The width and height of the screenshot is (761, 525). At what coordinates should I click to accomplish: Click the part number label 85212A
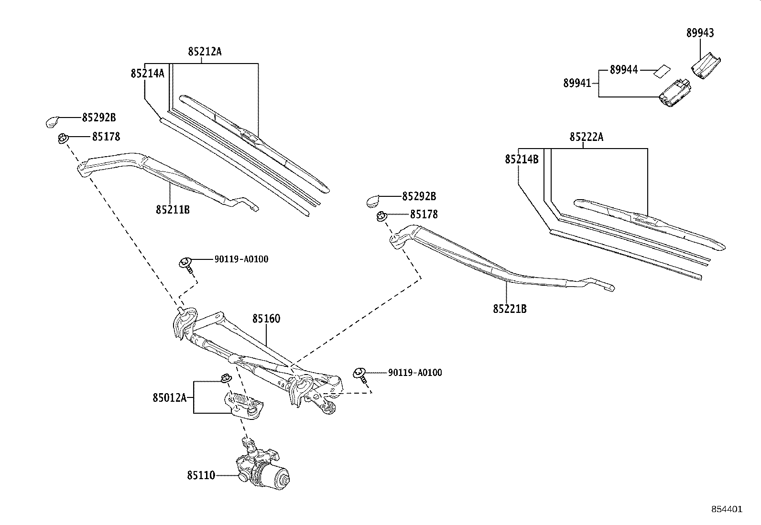[x=205, y=52]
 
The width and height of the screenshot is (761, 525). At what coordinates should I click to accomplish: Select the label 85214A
[x=147, y=73]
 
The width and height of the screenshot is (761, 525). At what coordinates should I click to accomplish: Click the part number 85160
[x=266, y=319]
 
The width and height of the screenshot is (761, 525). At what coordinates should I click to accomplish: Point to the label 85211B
[x=172, y=209]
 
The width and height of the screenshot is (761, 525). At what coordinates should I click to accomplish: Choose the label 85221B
[x=510, y=309]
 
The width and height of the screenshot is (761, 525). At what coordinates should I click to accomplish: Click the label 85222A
[x=586, y=137]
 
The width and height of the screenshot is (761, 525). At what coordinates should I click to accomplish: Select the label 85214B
[x=522, y=159]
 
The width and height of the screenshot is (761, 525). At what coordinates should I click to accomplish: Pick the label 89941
[x=577, y=83]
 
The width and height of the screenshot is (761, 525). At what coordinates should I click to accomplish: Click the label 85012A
[x=169, y=397]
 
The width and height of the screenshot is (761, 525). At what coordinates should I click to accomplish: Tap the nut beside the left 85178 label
[x=62, y=139]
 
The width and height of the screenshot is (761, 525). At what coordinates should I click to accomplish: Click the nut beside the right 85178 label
[x=381, y=216]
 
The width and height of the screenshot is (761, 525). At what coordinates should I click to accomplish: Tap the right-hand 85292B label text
[x=419, y=196]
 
